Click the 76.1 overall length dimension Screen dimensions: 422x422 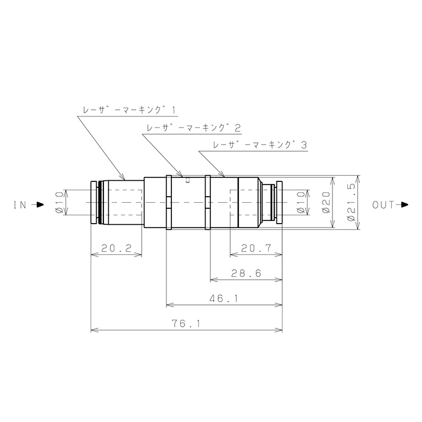tap(186, 324)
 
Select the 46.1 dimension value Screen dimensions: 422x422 tap(224, 298)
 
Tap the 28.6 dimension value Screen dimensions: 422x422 tap(246, 274)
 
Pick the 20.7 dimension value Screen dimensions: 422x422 tap(256, 248)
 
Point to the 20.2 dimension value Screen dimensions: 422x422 tap(116, 248)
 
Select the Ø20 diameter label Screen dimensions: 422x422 tap(326, 202)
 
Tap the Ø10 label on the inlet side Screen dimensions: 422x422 tap(59, 202)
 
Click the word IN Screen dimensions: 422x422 tap(20, 205)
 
